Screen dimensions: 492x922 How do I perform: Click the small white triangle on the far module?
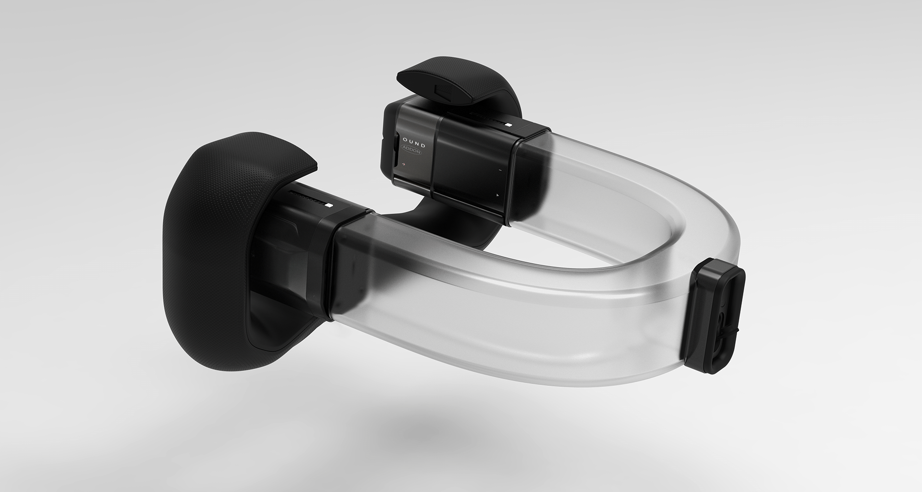498,195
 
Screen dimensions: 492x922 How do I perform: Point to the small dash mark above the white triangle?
500,170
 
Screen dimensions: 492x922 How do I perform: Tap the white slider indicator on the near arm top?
328,205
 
